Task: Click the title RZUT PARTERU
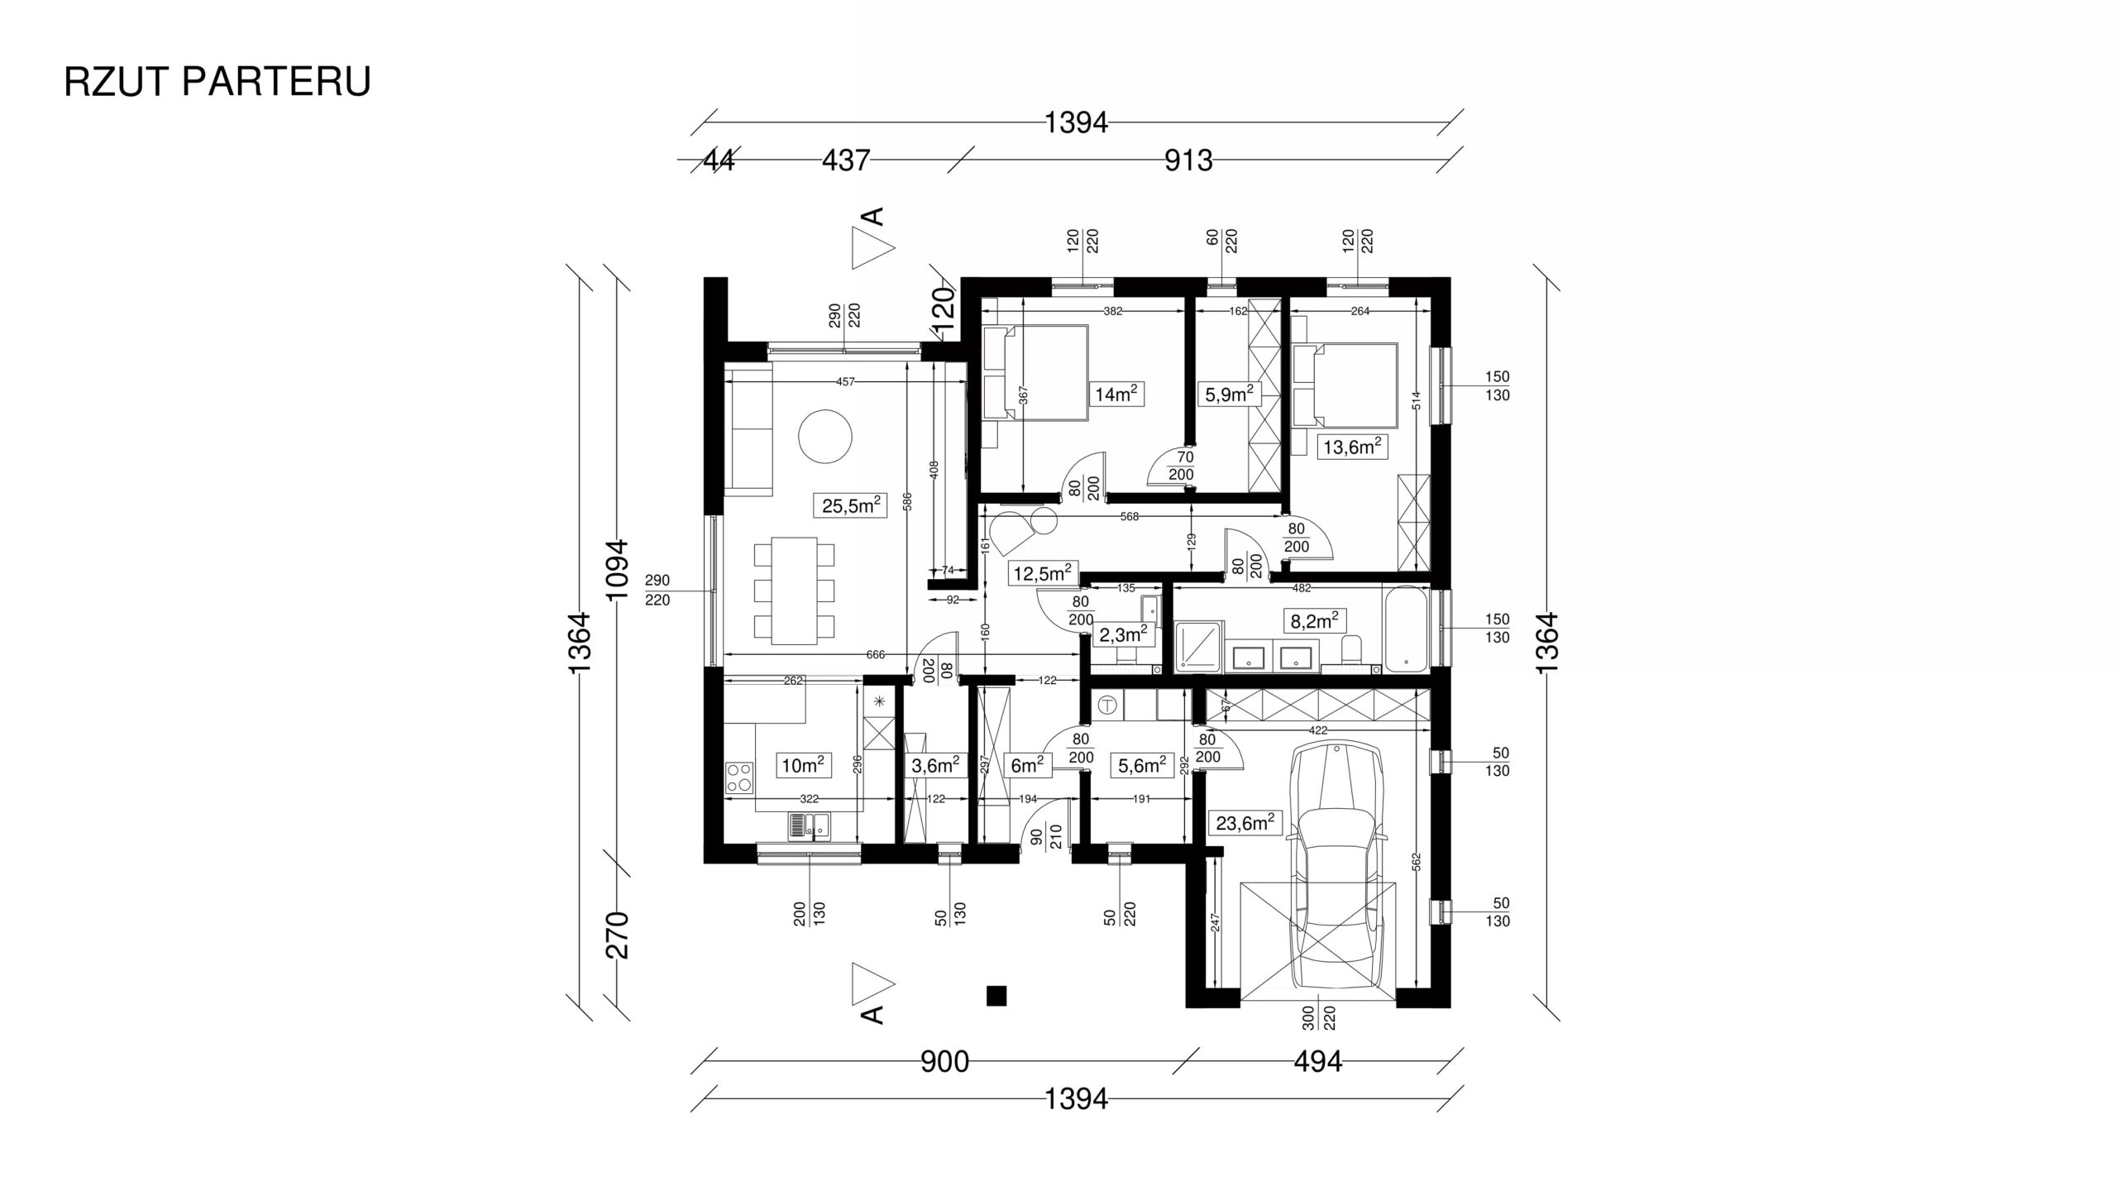click(x=217, y=82)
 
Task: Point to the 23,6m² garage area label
click(x=1244, y=846)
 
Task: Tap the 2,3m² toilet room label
click(x=1121, y=635)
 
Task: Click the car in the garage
click(x=1335, y=864)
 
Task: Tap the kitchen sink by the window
click(x=231, y=825)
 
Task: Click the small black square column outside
click(x=996, y=997)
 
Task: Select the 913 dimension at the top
click(x=1188, y=160)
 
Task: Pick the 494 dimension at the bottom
click(x=1317, y=1062)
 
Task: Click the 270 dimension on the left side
click(x=618, y=935)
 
